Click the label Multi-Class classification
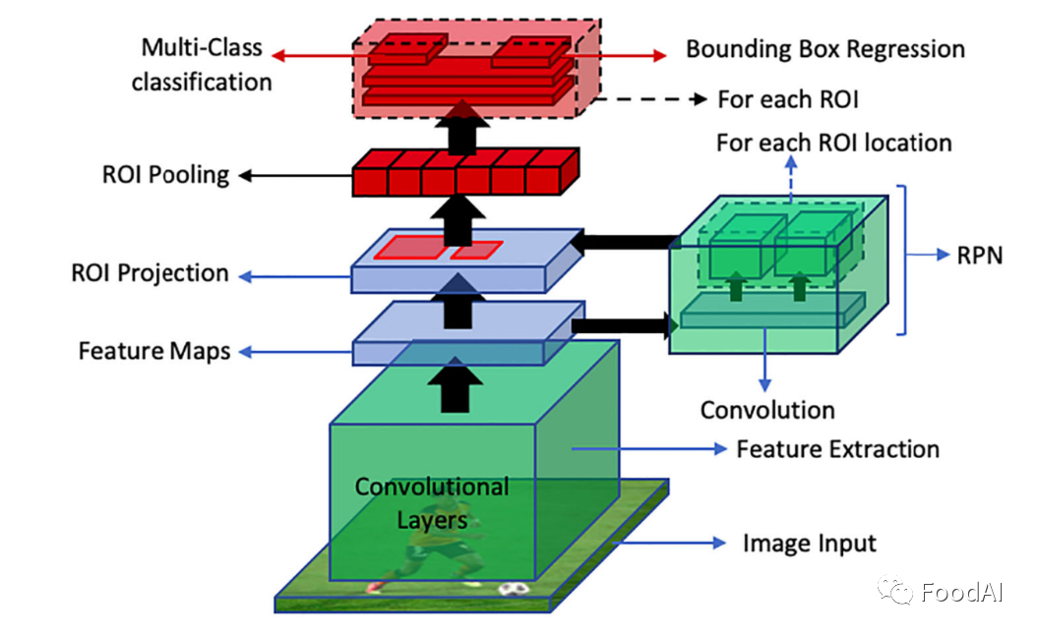(x=202, y=65)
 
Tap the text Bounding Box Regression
(x=824, y=49)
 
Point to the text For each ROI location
(x=833, y=144)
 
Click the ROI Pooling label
(x=165, y=176)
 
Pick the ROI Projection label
(x=150, y=273)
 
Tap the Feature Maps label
(x=154, y=350)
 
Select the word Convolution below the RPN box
(x=766, y=410)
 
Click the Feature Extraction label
(x=837, y=449)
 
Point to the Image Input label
(x=809, y=544)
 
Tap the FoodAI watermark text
(x=958, y=592)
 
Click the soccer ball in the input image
(x=512, y=589)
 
